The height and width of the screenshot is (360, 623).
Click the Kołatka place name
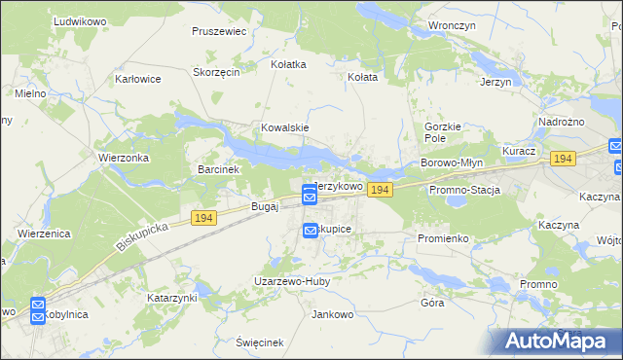coord(288,64)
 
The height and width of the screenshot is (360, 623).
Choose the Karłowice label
coord(137,79)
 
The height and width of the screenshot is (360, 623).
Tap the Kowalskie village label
coord(284,127)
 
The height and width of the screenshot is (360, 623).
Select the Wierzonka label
coord(122,157)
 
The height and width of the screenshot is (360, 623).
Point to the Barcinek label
coord(218,168)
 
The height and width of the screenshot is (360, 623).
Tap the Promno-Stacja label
coord(464,190)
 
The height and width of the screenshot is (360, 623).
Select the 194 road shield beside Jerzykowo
coord(381,190)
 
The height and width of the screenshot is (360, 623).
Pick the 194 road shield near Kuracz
coord(562,158)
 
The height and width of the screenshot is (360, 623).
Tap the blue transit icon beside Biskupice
coord(311,230)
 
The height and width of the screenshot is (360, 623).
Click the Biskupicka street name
coord(142,235)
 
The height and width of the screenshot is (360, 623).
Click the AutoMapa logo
coord(555,340)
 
